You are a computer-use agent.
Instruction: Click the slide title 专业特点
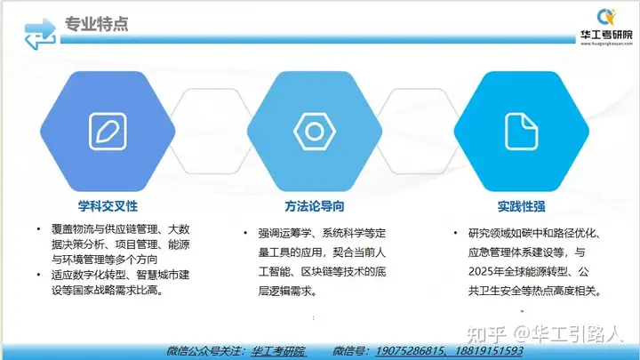[96, 24]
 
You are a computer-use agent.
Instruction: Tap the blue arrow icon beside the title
[40, 34]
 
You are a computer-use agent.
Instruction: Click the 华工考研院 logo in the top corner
[606, 27]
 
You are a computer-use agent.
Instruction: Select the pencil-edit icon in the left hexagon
[108, 132]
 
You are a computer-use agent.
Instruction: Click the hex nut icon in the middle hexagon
[315, 132]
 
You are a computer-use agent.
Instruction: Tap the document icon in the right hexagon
[522, 132]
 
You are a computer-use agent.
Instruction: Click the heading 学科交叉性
[108, 206]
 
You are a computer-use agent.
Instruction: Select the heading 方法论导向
[315, 206]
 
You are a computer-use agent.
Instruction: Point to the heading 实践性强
[521, 206]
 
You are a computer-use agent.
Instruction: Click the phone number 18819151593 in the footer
[489, 351]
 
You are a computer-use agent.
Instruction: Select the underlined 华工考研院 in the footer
[278, 351]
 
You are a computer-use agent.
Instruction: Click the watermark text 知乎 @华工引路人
[545, 334]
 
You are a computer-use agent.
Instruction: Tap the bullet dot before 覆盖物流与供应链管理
[39, 228]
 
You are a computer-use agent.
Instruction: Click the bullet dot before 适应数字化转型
[39, 275]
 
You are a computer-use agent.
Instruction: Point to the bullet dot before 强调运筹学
[245, 233]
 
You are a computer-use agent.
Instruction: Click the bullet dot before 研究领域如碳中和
[455, 233]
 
